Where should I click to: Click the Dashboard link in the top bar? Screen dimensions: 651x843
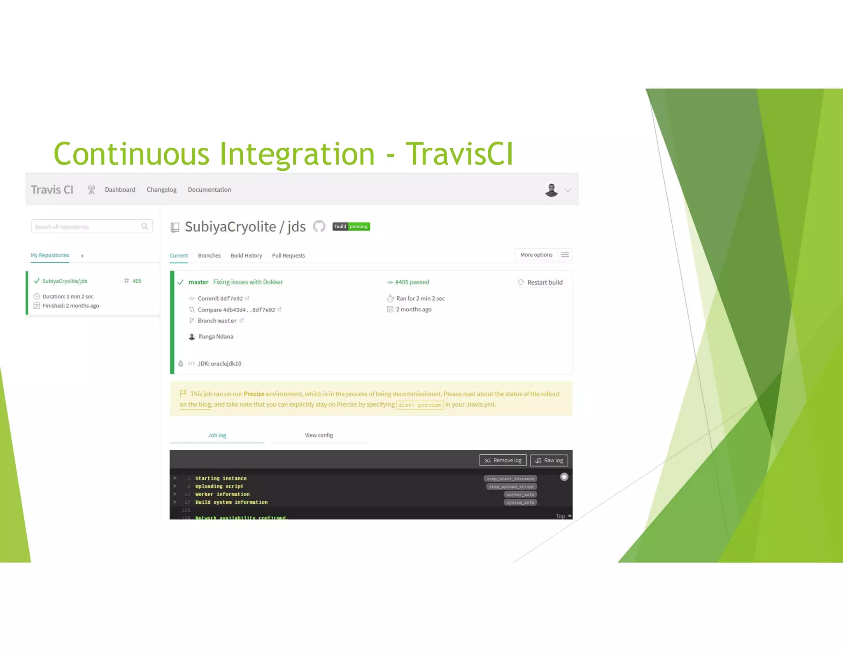point(120,190)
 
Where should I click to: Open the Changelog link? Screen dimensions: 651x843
point(161,190)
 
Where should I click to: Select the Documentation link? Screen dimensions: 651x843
point(210,190)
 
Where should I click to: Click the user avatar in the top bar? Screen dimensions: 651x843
point(551,190)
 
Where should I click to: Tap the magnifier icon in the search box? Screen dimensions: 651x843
point(144,226)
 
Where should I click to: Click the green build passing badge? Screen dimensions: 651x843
point(351,226)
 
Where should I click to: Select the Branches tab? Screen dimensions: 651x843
point(209,256)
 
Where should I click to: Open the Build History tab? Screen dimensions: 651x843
point(246,256)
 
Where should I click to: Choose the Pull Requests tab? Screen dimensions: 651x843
point(288,256)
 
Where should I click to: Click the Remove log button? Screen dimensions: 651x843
point(503,460)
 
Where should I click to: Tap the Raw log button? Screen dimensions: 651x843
point(549,460)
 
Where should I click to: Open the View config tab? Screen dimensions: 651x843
point(319,435)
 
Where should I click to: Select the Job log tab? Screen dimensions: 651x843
point(217,435)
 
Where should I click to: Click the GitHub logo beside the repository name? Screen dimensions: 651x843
point(319,226)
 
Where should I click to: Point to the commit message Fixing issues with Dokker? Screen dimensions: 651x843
point(248,282)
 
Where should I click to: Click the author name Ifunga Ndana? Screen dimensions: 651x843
point(216,337)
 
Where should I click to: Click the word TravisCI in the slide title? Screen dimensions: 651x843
point(459,154)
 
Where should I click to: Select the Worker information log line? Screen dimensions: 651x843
point(222,494)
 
